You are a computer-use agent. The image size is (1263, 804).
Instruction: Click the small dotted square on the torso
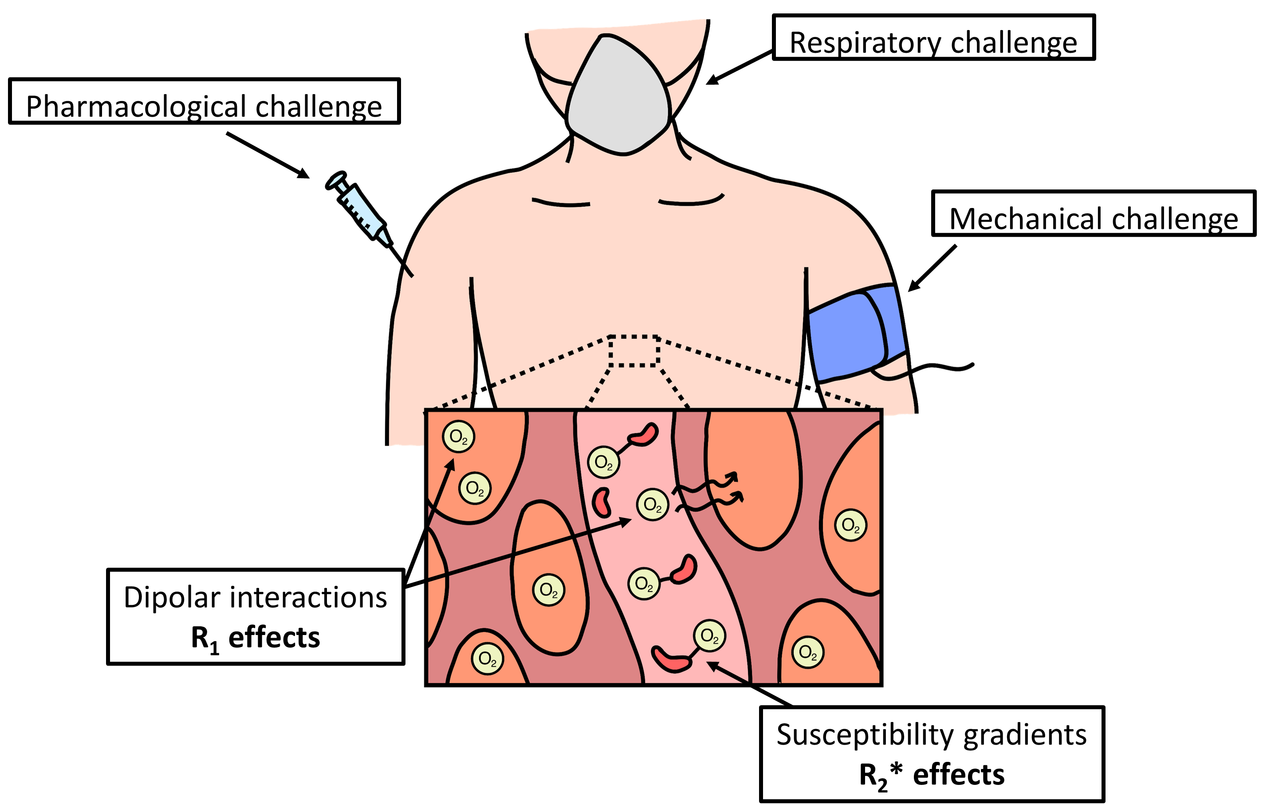click(x=634, y=350)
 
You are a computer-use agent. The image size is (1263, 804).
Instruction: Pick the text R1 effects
click(x=256, y=639)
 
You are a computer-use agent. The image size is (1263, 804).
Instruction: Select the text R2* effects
click(x=932, y=776)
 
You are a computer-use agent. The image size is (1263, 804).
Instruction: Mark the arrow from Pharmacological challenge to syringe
click(x=268, y=155)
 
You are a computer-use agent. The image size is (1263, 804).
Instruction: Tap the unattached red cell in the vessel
click(x=602, y=502)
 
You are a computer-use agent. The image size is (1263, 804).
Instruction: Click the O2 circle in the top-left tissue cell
click(x=458, y=437)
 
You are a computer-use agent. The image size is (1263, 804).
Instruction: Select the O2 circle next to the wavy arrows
click(x=653, y=505)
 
